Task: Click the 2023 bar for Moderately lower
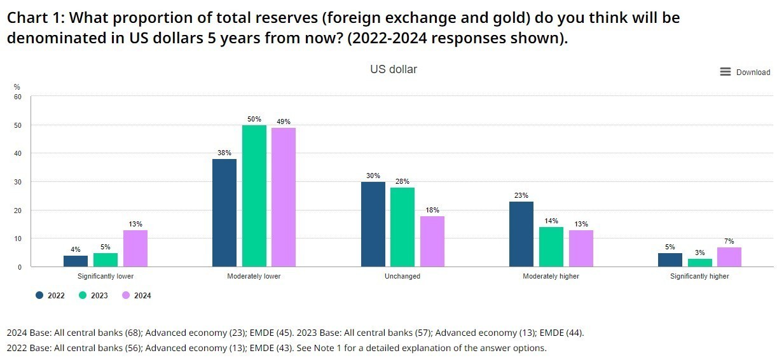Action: point(254,196)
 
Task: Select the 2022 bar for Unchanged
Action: point(373,224)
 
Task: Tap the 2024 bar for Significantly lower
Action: point(135,248)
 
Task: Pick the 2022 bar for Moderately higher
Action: point(521,234)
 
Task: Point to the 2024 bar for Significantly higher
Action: point(729,257)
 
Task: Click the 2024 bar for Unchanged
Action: point(432,241)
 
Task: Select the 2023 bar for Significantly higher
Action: point(699,262)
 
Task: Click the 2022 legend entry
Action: point(50,295)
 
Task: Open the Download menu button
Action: point(745,72)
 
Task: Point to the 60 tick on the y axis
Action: point(18,97)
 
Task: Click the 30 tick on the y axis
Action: point(18,182)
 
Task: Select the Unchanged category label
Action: point(402,277)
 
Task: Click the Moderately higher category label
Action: point(551,277)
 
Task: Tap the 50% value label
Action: point(254,119)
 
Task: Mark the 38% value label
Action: point(224,153)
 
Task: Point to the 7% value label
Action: point(729,241)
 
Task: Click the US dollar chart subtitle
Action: point(394,69)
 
